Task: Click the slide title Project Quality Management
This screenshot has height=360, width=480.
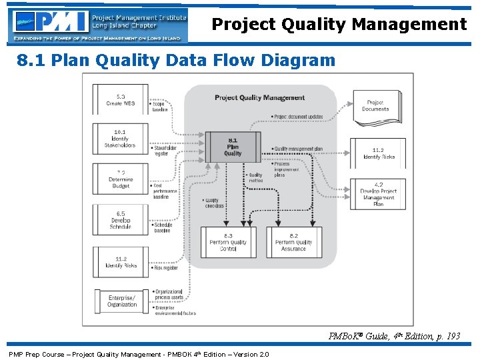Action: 339,25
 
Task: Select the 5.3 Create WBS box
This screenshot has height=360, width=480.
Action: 120,100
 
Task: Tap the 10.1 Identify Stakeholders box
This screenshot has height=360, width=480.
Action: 120,139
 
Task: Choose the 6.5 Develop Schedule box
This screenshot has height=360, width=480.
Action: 120,221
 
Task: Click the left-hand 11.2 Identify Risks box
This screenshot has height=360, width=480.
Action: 120,262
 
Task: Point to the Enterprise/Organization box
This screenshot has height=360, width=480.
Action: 121,301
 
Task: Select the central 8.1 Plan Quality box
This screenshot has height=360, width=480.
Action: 233,147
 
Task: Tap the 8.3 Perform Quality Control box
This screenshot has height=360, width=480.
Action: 228,243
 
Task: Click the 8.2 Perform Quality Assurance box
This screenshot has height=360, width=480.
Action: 293,243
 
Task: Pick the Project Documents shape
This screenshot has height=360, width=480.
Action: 375,105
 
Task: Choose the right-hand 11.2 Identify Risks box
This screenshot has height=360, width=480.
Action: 378,154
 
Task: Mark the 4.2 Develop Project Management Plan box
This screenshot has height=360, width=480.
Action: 378,194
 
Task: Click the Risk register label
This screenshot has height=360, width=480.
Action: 165,268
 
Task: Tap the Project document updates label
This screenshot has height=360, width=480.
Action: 297,117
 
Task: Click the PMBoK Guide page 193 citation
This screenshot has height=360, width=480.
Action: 394,336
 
